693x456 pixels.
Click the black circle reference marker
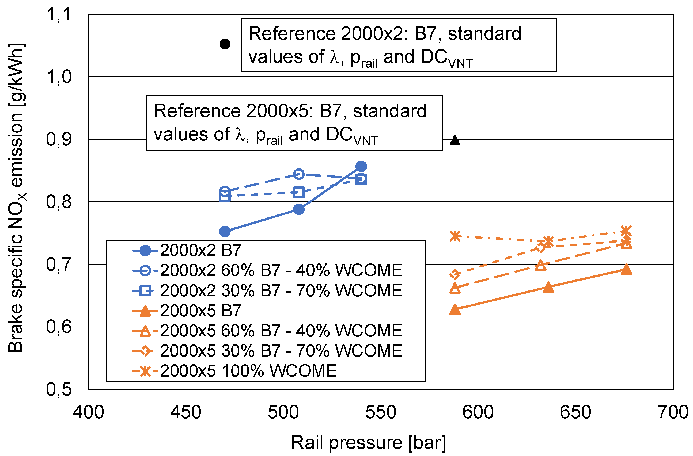tap(225, 44)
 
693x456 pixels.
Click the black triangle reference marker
tap(455, 140)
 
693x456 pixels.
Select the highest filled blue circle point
tap(361, 166)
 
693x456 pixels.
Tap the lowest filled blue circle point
tap(225, 231)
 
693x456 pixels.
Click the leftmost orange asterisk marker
tap(455, 236)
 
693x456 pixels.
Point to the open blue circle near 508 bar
tap(299, 174)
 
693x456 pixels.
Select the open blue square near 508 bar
tap(299, 192)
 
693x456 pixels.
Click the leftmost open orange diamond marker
tap(455, 274)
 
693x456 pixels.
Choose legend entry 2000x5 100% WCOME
tap(248, 371)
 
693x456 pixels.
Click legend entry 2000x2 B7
tap(201, 250)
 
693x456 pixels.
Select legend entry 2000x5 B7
tap(201, 311)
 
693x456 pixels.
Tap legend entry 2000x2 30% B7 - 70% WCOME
tap(281, 290)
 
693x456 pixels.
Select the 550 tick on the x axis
tap(381, 412)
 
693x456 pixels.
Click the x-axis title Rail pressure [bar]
tap(368, 443)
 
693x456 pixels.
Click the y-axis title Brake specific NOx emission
tap(16, 198)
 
